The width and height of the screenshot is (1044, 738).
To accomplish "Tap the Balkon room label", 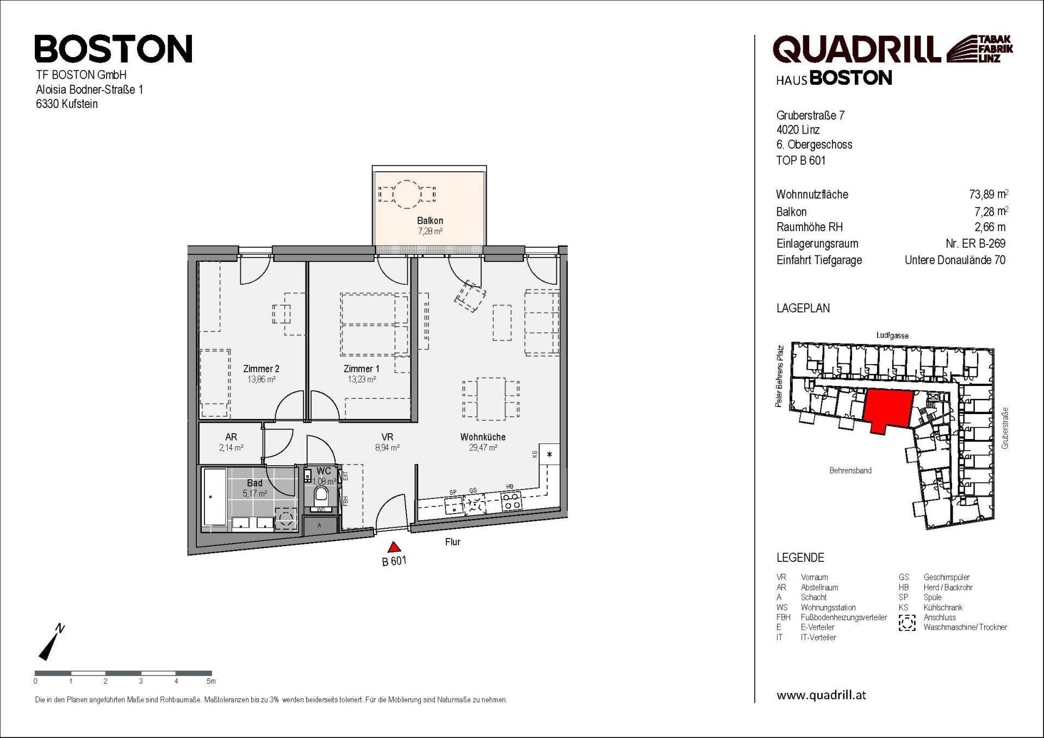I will (x=430, y=221).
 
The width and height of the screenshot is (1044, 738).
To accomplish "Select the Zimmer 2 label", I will (x=261, y=369).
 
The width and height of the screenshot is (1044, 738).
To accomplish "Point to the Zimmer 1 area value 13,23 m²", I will (x=362, y=380).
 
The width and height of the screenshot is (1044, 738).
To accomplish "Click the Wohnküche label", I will (x=482, y=437).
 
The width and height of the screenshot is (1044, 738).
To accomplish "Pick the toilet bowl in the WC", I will (x=321, y=495).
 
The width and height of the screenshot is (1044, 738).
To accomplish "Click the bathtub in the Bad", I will (x=214, y=497).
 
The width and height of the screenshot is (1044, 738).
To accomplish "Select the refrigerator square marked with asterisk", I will (x=549, y=455).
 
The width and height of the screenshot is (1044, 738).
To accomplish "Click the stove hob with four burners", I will (x=511, y=501).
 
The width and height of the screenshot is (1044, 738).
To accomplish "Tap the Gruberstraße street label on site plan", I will (x=1005, y=428).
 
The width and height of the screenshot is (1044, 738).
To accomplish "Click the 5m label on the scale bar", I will (x=211, y=681).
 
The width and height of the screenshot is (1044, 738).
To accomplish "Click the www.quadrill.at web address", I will (x=821, y=695).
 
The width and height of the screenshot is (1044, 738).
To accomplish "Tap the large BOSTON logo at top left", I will (x=114, y=49).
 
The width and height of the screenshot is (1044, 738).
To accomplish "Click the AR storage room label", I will (x=231, y=437).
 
